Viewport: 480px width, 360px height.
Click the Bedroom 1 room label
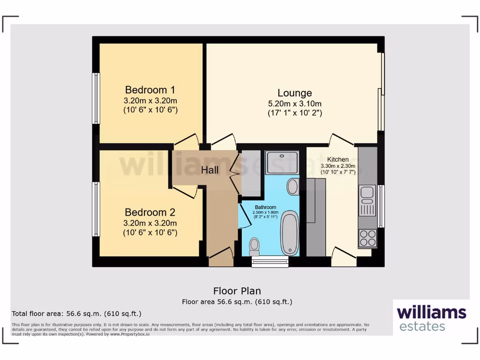150,90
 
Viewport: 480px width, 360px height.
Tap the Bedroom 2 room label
150,212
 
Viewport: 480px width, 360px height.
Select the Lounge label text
294,93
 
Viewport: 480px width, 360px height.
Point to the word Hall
210,170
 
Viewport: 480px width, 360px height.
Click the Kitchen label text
337,159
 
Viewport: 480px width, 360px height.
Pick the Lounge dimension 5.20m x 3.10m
294,104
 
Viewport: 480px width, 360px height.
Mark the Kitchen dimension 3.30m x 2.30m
337,166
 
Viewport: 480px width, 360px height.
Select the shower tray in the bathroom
281,162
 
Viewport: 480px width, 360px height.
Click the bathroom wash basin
293,187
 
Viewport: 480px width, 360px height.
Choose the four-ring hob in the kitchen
367,238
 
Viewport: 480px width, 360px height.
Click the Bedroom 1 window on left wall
96,98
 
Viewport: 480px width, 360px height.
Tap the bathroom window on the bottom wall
270,262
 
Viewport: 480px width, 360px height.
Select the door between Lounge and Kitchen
341,139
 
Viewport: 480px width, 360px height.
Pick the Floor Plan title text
237,291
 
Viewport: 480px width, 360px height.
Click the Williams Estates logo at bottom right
431,318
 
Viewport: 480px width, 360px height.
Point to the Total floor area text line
76,314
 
